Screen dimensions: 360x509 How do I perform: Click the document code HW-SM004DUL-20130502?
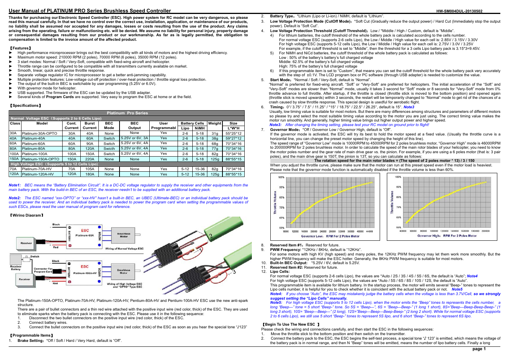coord(459,11)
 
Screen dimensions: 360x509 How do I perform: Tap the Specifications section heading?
coord(25,106)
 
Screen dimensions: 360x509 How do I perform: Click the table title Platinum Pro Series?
coord(127,113)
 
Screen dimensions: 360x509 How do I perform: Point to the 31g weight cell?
coord(215,133)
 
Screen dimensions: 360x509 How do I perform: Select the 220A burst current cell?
coord(90,159)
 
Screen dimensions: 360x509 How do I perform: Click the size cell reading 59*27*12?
coord(233,138)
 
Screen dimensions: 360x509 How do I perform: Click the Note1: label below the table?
coord(15,185)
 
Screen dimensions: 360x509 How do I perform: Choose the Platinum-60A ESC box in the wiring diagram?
coord(84,233)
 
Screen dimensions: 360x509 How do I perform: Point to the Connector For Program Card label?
coord(43,270)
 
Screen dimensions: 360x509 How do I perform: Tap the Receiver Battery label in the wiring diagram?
coord(16,268)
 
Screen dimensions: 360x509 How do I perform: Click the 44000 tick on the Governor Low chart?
coord(369,231)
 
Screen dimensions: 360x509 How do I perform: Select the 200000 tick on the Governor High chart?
coord(485,231)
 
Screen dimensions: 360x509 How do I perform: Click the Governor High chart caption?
coord(447,236)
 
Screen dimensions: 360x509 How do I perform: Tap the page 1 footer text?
coord(479,349)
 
